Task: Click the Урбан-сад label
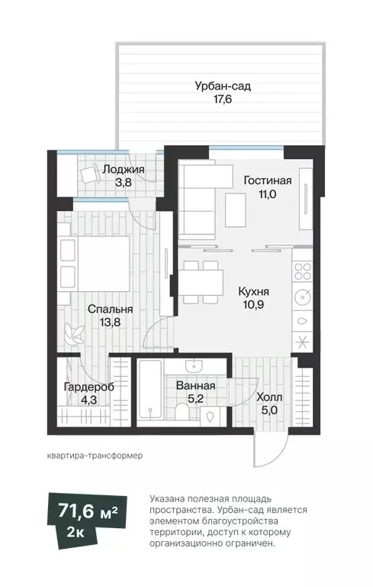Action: (x=223, y=86)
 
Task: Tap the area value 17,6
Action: (x=223, y=99)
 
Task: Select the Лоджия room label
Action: (x=124, y=169)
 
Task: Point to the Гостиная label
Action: (x=267, y=181)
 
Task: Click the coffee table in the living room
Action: (x=236, y=209)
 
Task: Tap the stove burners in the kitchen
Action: (x=302, y=271)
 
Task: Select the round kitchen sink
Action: (x=303, y=297)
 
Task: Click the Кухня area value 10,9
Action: (x=254, y=304)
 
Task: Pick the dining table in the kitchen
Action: (x=201, y=282)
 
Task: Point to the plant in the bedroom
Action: (x=74, y=333)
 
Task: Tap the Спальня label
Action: (x=111, y=310)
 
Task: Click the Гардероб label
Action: (x=89, y=387)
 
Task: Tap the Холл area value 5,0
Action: (x=269, y=410)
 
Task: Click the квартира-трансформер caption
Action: (x=95, y=456)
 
